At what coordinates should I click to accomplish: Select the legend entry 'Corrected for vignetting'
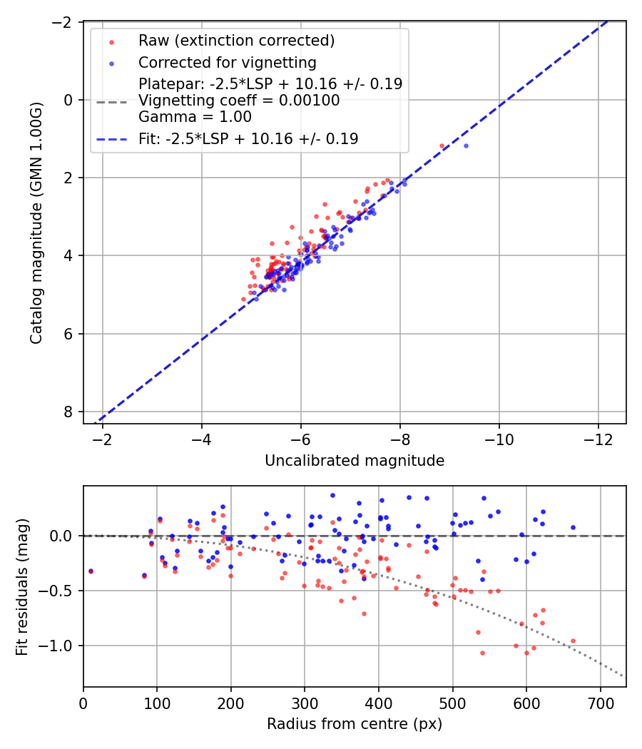[227, 62]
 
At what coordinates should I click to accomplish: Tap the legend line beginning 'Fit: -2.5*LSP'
[248, 139]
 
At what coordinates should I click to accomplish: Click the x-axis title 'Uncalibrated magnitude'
[355, 461]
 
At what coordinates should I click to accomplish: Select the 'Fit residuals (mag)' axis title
[21, 586]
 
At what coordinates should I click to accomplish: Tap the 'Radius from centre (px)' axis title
[355, 724]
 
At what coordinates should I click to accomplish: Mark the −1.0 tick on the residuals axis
[61, 646]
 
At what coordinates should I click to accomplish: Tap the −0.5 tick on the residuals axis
[61, 591]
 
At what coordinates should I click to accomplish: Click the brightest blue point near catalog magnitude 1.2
[466, 146]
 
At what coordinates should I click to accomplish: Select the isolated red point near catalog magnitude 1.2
[442, 146]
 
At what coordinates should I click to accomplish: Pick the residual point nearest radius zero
[91, 571]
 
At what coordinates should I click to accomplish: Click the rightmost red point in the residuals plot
[573, 641]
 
